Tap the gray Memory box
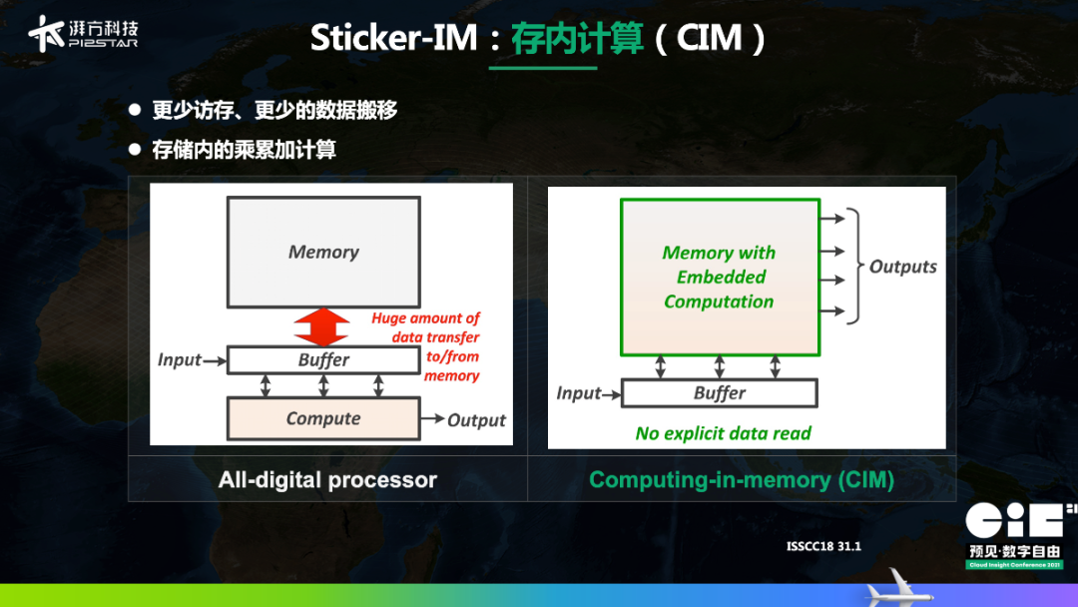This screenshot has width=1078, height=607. (x=323, y=252)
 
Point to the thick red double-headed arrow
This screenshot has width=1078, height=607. (x=322, y=326)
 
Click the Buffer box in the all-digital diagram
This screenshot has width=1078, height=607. (x=323, y=359)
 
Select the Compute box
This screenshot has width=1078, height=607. (x=323, y=418)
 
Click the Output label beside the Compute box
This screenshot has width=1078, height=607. (x=476, y=420)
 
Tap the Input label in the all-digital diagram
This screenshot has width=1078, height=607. (x=180, y=359)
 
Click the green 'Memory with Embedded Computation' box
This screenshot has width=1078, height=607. (x=719, y=277)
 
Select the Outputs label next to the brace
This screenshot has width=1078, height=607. (x=902, y=267)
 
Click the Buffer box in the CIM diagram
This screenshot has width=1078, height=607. (x=719, y=393)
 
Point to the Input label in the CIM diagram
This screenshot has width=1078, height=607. (x=579, y=393)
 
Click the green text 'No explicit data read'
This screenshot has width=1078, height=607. (x=723, y=433)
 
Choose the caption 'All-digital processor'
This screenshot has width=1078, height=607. (x=327, y=480)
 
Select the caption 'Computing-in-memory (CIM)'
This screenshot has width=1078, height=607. (x=742, y=480)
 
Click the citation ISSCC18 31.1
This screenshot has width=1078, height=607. (x=823, y=546)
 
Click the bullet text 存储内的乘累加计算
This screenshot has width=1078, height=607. (x=244, y=150)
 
